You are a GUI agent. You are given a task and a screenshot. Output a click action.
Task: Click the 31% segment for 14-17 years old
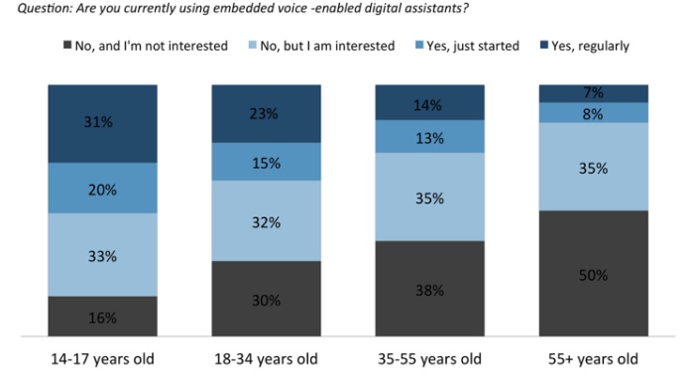pyautogui.click(x=103, y=123)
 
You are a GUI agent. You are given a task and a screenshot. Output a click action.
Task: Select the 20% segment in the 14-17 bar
pyautogui.click(x=103, y=188)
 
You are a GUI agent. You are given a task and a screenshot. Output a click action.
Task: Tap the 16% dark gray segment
pyautogui.click(x=103, y=317)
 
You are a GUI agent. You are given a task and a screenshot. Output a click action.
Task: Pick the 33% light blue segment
pyautogui.click(x=103, y=255)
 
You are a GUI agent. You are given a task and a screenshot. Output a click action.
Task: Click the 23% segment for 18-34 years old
pyautogui.click(x=267, y=114)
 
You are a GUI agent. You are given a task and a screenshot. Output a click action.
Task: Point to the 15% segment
pyautogui.click(x=267, y=162)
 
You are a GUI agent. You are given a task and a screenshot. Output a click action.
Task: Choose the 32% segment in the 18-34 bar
pyautogui.click(x=267, y=220)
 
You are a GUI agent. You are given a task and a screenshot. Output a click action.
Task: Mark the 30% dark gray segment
pyautogui.click(x=267, y=299)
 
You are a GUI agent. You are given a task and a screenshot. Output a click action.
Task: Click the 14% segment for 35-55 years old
pyautogui.click(x=429, y=102)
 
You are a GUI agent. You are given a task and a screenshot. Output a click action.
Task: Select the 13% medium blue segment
pyautogui.click(x=429, y=136)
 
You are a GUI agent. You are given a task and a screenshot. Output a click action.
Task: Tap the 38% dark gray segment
pyautogui.click(x=429, y=289)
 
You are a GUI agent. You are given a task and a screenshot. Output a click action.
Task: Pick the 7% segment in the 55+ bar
pyautogui.click(x=594, y=94)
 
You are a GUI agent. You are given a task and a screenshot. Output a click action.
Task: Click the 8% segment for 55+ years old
pyautogui.click(x=594, y=113)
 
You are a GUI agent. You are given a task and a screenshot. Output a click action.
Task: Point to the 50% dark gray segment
pyautogui.click(x=594, y=273)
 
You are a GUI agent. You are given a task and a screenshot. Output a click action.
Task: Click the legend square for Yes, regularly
pyautogui.click(x=544, y=45)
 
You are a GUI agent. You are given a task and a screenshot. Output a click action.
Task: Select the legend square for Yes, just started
pyautogui.click(x=419, y=45)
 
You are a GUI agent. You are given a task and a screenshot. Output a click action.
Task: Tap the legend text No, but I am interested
pyautogui.click(x=327, y=46)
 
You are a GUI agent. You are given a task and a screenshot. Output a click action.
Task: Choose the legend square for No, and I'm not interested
pyautogui.click(x=67, y=45)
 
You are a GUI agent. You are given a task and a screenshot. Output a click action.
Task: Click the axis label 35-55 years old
pyautogui.click(x=429, y=358)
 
